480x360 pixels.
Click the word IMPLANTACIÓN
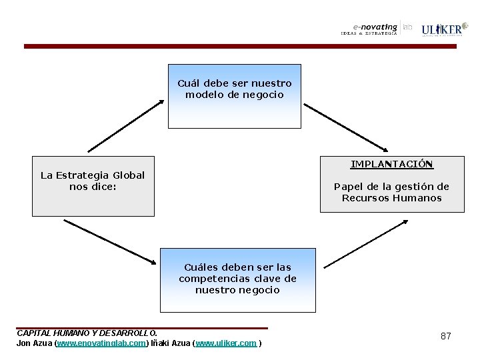[x=392, y=164]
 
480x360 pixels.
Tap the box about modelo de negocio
[x=234, y=95]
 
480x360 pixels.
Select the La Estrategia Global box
[x=93, y=186]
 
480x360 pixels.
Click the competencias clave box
[x=237, y=280]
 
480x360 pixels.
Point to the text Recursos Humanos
[x=391, y=198]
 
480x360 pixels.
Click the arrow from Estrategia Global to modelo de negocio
[x=125, y=126]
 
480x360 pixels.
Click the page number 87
[x=446, y=336]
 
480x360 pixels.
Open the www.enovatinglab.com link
[x=101, y=343]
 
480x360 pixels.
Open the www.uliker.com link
[x=226, y=343]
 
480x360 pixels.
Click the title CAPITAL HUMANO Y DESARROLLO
[x=87, y=333]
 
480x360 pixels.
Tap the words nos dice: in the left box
[x=93, y=187]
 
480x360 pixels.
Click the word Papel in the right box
[x=347, y=187]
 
